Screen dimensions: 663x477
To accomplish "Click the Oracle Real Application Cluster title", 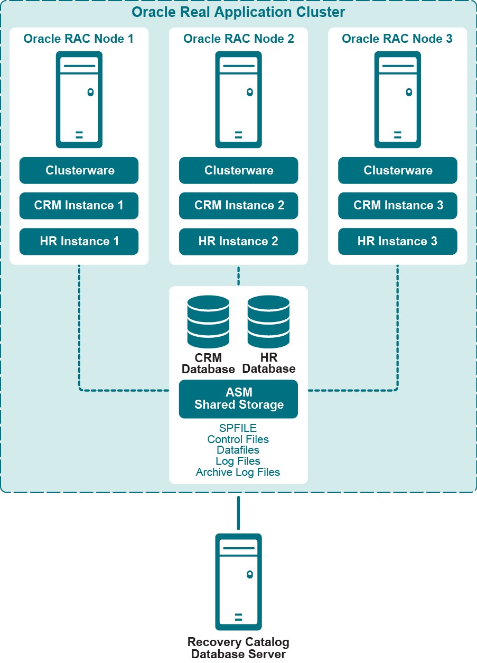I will (238, 12).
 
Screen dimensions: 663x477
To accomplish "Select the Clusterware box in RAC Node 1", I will (79, 170).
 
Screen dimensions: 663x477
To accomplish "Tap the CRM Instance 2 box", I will (239, 206).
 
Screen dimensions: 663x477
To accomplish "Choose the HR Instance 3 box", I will (398, 242).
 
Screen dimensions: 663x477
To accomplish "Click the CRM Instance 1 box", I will (79, 206).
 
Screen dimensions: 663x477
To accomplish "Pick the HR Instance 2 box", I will (239, 242).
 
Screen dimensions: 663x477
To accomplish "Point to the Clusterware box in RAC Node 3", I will (398, 170).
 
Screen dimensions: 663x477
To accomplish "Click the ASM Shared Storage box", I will (239, 399).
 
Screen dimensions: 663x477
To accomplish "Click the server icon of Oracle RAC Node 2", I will (238, 99).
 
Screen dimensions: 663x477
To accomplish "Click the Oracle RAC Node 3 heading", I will (397, 39).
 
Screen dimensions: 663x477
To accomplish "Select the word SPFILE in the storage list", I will (238, 428).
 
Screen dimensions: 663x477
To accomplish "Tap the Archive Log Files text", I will (238, 472).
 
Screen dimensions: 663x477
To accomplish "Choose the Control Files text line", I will (238, 439).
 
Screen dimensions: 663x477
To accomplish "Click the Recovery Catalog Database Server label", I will (238, 648).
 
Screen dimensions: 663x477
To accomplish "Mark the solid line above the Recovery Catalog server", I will (238, 513).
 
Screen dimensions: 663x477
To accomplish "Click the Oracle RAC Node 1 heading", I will (79, 39).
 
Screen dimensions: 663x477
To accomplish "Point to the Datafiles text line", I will (238, 450).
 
